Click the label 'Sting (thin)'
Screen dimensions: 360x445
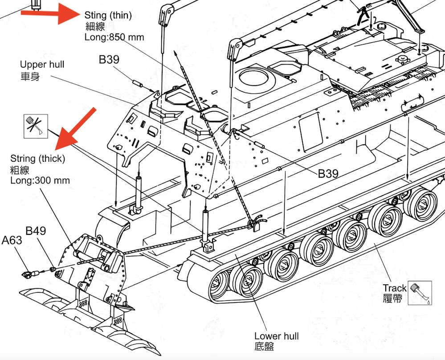click(x=108, y=16)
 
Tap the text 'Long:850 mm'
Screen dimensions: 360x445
click(x=114, y=37)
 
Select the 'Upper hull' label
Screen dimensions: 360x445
click(x=42, y=65)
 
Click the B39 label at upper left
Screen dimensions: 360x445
click(x=109, y=60)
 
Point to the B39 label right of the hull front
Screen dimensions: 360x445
click(x=328, y=174)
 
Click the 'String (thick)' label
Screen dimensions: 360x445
click(x=38, y=159)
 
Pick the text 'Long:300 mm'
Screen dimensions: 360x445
click(x=40, y=180)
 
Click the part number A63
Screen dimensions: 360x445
click(x=12, y=241)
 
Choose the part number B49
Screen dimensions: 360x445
click(x=36, y=231)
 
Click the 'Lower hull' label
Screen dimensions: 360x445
click(x=276, y=336)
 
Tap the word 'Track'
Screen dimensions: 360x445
click(x=395, y=288)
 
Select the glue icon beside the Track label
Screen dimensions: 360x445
click(x=420, y=292)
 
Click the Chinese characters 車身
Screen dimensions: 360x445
click(x=30, y=76)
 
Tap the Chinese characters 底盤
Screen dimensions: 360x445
click(x=265, y=347)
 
